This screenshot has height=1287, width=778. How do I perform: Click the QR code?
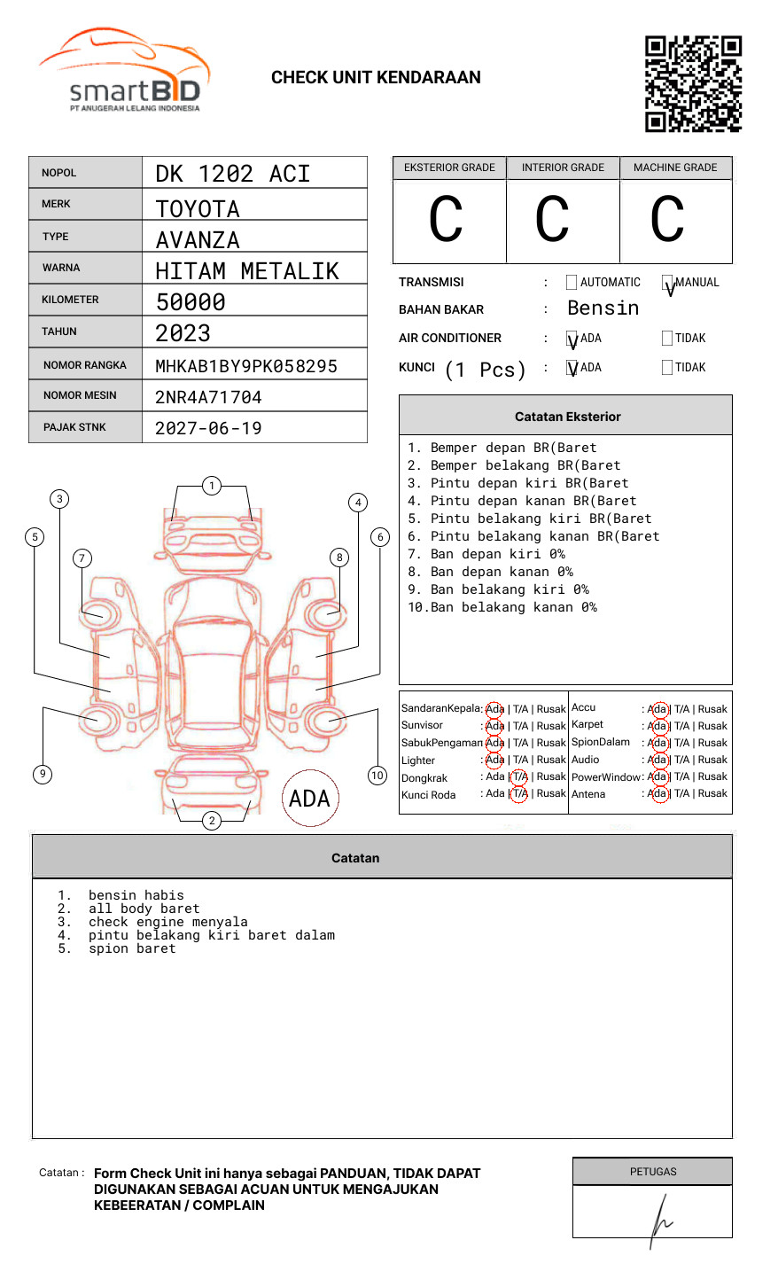(693, 84)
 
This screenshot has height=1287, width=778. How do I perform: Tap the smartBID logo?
(125, 70)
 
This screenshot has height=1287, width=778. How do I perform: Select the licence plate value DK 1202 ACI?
(233, 174)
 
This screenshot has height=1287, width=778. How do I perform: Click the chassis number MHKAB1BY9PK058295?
(246, 366)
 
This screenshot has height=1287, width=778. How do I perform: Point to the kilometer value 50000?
(191, 301)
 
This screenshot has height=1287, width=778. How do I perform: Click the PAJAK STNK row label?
(74, 427)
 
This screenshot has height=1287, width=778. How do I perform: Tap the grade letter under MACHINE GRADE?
(667, 219)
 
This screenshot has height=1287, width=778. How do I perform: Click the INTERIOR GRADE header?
(563, 168)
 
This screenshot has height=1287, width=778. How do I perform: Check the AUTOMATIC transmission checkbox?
(572, 282)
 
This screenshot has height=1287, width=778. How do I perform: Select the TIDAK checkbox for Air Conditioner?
(667, 338)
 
